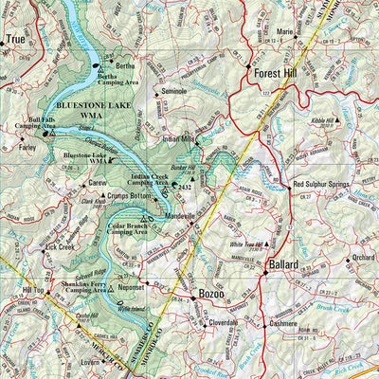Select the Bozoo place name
[209, 295]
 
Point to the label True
[16, 39]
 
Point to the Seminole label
[177, 91]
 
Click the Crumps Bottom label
[130, 195]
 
